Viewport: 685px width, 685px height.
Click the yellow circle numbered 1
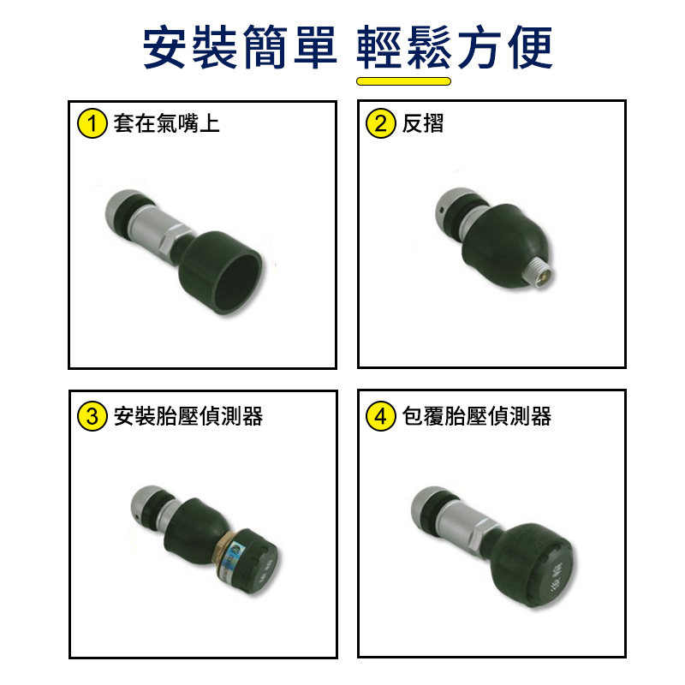[92, 123]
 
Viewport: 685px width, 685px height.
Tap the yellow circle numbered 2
[380, 123]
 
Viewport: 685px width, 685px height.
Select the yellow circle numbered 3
[92, 416]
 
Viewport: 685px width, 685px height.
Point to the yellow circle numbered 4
[380, 416]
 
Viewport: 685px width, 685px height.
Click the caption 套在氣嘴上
[166, 123]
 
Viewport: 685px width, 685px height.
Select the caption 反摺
[423, 123]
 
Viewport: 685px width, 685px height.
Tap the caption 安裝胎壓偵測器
[188, 416]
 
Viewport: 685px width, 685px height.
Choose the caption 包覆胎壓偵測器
[477, 416]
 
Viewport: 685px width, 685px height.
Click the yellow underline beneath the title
[403, 81]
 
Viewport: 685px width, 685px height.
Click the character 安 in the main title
[164, 47]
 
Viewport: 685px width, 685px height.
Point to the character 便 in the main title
[530, 47]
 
